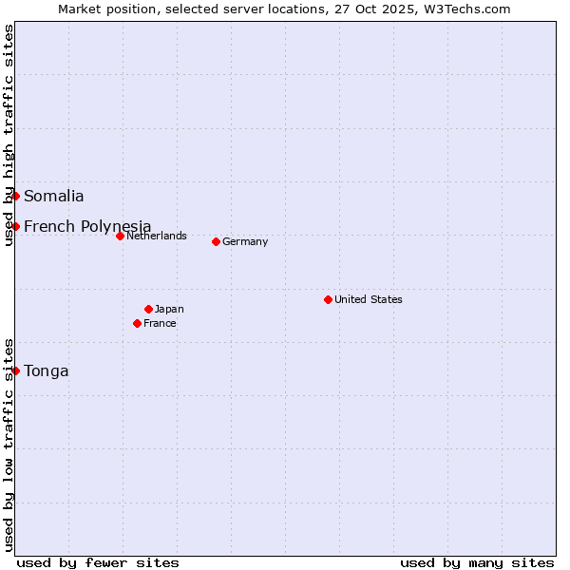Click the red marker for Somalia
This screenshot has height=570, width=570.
click(16, 196)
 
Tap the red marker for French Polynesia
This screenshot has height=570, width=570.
click(16, 226)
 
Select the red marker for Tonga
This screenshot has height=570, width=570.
click(16, 370)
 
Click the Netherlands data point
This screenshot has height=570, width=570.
click(120, 236)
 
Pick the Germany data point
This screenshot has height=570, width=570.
click(216, 241)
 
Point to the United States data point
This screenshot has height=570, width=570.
click(328, 299)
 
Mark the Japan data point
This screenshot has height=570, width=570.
click(148, 309)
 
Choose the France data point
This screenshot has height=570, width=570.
click(138, 323)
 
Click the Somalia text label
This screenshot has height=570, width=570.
click(53, 197)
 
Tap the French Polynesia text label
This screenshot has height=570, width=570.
click(87, 226)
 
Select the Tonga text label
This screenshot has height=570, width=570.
click(47, 371)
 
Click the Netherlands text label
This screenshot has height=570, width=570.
click(157, 236)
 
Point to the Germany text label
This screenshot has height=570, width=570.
click(245, 241)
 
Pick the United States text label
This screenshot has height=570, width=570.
click(369, 299)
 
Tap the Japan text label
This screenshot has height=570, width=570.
click(169, 309)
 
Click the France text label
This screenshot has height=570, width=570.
click(160, 323)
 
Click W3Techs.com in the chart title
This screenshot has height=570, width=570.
click(466, 9)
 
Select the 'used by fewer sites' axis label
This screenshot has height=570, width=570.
click(98, 562)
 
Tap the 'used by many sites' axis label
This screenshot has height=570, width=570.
click(477, 562)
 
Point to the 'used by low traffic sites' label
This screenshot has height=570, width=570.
click(9, 445)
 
